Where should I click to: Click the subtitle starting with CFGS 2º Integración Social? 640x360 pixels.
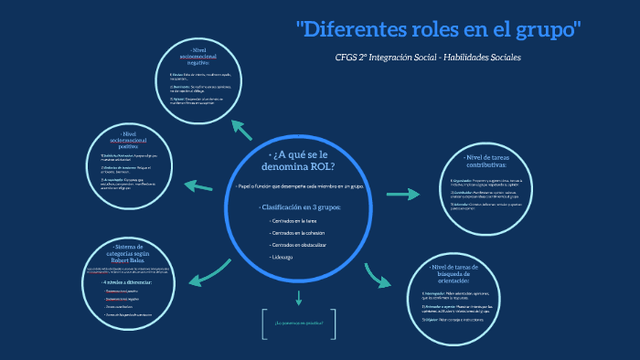point(428,58)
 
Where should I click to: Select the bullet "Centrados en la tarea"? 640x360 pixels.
point(294,221)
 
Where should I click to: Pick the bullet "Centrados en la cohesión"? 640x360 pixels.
point(298,233)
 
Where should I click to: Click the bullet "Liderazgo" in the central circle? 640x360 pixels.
point(283,258)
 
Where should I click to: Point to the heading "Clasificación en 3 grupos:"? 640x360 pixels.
point(300,207)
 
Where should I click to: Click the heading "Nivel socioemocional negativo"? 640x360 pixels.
point(199,55)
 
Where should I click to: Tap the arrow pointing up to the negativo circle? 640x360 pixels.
point(240,127)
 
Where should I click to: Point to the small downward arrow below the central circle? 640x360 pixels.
point(299,297)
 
